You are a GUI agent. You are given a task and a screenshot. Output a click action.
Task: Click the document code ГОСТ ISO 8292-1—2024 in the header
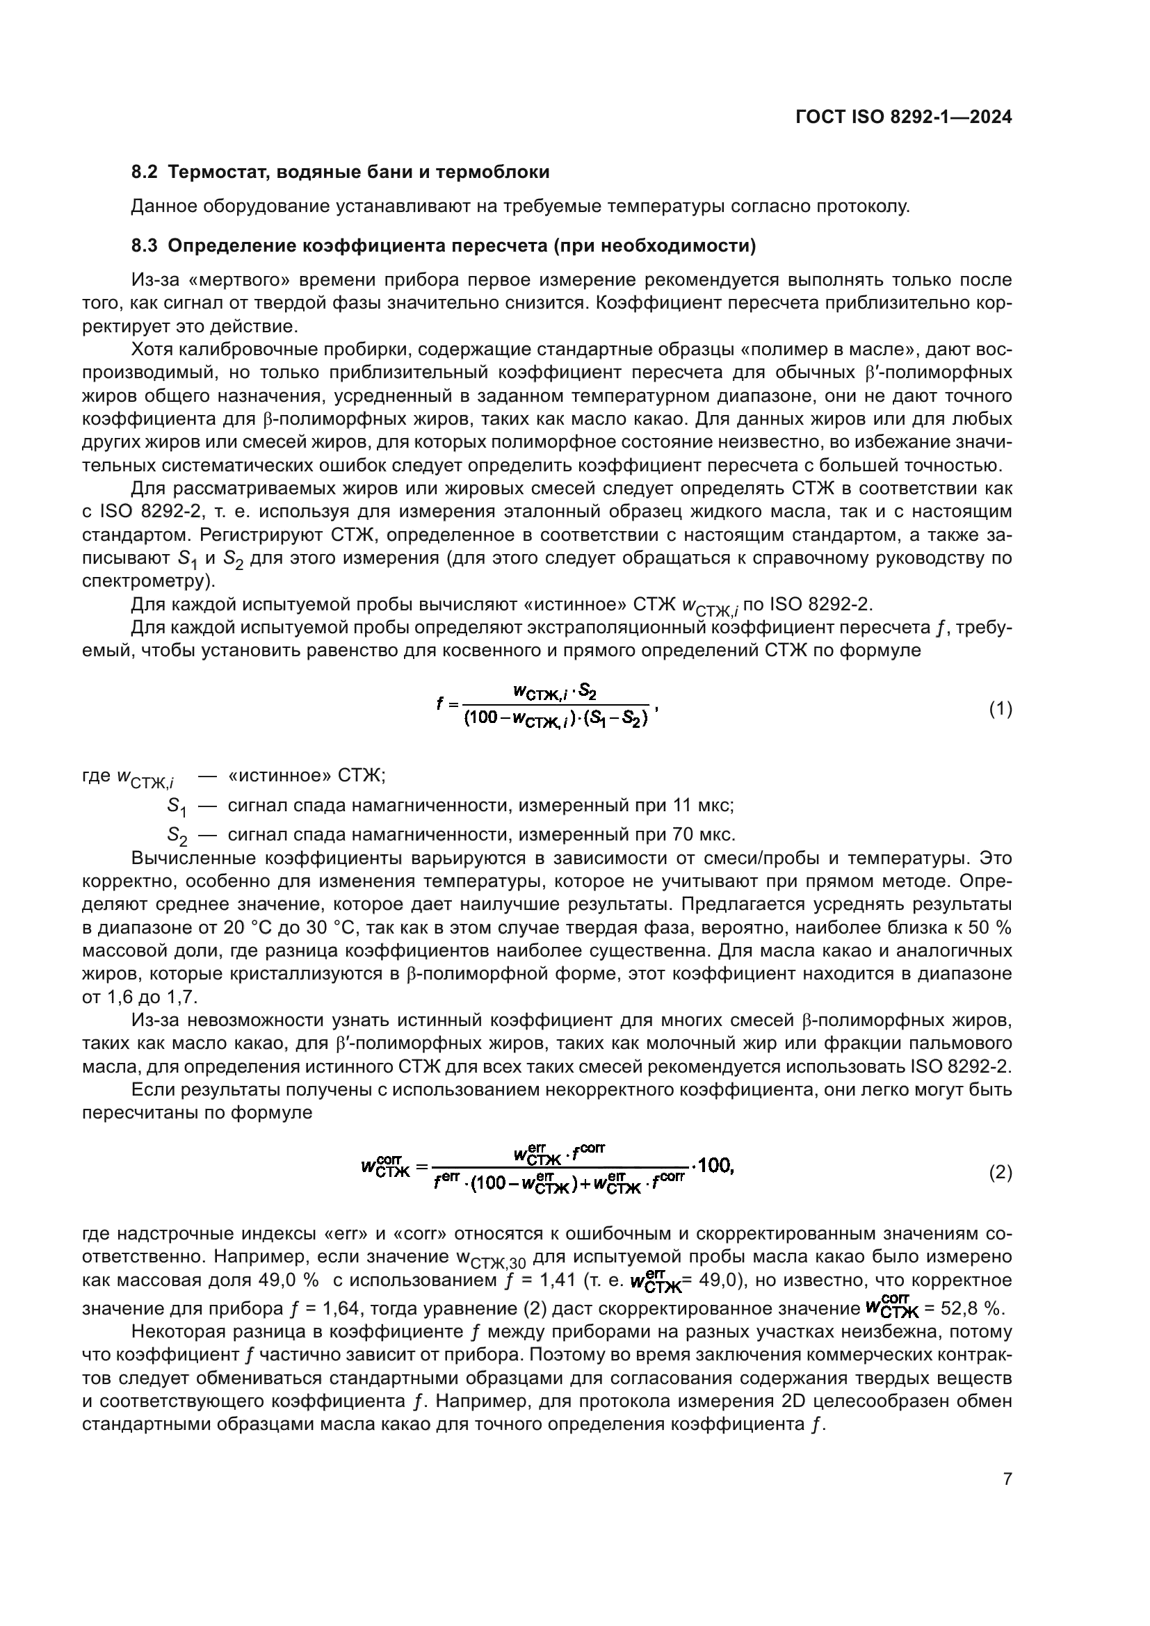click(904, 117)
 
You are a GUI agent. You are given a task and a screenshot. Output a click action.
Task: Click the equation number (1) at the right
click(1000, 709)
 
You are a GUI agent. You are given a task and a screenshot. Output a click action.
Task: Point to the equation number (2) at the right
click(1000, 1173)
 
